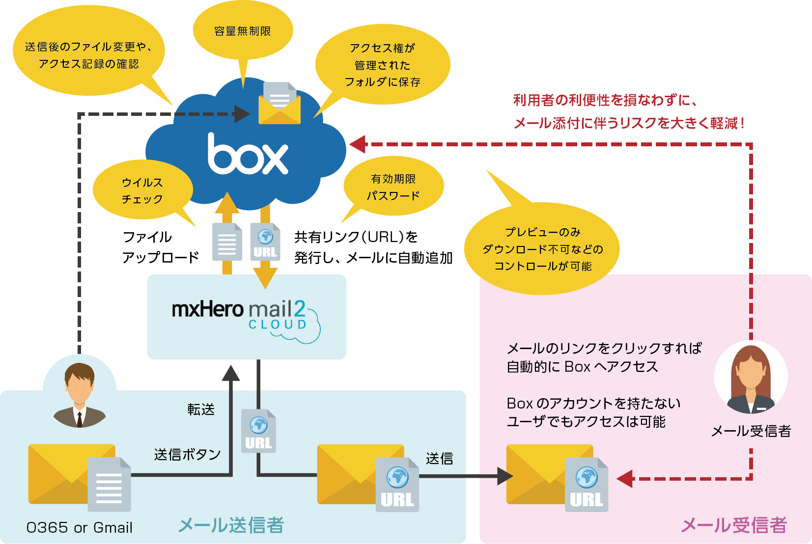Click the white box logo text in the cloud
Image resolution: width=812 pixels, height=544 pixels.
click(x=248, y=155)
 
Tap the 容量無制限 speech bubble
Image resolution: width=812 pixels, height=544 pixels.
click(x=243, y=31)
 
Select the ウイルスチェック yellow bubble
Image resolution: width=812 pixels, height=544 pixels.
click(x=142, y=190)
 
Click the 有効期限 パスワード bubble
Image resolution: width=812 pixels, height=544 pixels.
click(x=393, y=187)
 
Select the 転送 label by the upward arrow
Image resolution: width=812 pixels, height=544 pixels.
click(x=201, y=409)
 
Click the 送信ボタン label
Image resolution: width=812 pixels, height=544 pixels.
click(x=187, y=454)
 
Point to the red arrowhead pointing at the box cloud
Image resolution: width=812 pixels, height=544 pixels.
click(x=358, y=144)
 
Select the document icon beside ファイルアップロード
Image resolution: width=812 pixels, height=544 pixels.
click(x=227, y=242)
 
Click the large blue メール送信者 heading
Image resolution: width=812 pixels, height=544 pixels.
click(x=231, y=525)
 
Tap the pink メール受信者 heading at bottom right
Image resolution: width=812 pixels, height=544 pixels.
click(x=733, y=525)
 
